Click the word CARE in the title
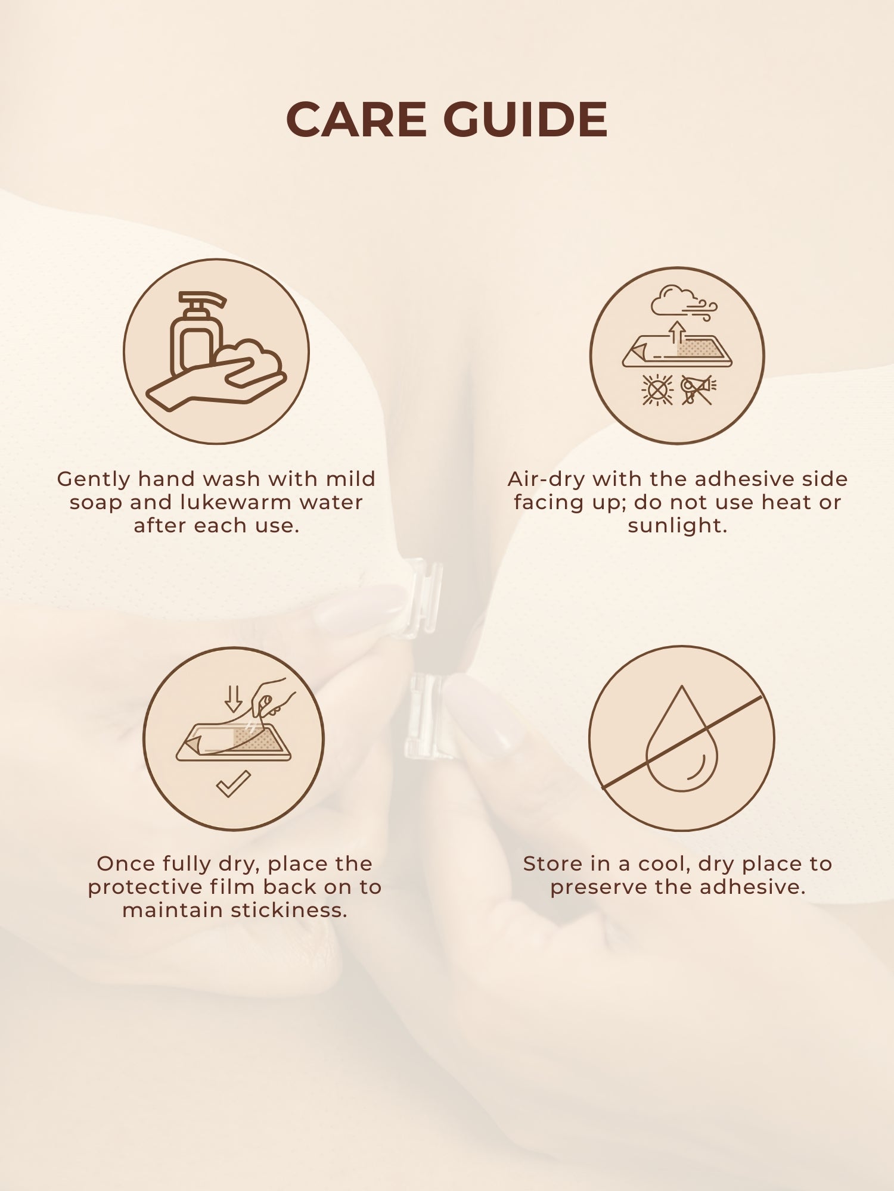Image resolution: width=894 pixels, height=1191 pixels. tap(356, 120)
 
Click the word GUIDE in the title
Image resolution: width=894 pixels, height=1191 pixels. tap(525, 120)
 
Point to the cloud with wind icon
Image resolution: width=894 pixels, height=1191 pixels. tap(682, 303)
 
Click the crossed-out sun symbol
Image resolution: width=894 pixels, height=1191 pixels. tap(657, 391)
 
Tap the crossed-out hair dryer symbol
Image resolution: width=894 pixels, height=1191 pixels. tap(698, 390)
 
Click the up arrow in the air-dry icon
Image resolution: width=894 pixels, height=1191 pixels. tap(676, 333)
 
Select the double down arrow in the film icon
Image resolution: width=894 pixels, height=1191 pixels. tap(233, 698)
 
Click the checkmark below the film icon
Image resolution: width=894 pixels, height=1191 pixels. tap(233, 784)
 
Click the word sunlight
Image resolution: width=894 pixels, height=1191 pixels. tap(677, 526)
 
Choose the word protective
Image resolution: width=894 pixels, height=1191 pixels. tap(145, 888)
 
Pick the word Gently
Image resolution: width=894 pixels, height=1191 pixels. tap(94, 479)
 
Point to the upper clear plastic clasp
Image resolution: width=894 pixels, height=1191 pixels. tap(424, 597)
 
